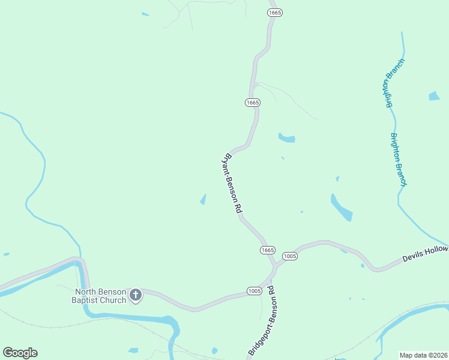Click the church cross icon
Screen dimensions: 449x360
[x=136, y=295]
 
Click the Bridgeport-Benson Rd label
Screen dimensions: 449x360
[x=262, y=321]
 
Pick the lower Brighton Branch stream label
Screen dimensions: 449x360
[x=399, y=159]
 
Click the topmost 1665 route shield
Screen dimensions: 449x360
[x=275, y=12]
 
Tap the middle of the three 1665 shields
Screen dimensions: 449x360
[x=252, y=103]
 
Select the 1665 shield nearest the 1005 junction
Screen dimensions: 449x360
[x=268, y=250]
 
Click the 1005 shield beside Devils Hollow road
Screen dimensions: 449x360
[x=290, y=256]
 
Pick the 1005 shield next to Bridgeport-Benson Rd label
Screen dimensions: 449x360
[x=255, y=291]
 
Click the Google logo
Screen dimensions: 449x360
[x=20, y=353]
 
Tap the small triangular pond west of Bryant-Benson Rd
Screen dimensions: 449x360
[x=203, y=199]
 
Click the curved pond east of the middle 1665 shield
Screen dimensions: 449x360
[x=287, y=139]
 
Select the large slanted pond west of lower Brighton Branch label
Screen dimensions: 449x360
[x=341, y=207]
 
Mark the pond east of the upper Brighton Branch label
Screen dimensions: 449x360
[x=434, y=96]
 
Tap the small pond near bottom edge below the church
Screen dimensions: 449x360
[x=133, y=350]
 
